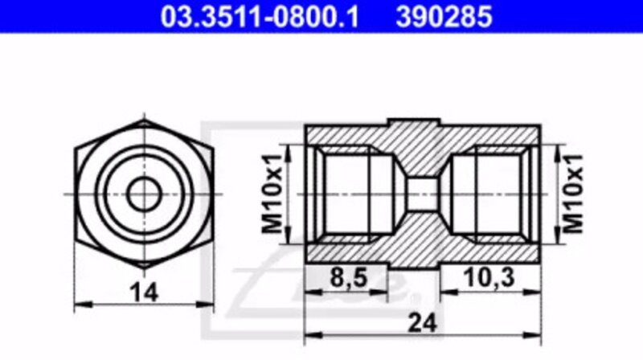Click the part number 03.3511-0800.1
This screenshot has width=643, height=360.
(260, 16)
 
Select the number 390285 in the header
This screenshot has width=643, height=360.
(444, 16)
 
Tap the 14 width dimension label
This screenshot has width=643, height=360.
(144, 292)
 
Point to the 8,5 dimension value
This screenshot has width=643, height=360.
(349, 277)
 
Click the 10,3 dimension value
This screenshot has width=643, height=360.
(489, 277)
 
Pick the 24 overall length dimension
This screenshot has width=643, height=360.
(424, 324)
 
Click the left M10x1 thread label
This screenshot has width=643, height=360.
(272, 194)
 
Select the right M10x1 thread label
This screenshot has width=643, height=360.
(572, 194)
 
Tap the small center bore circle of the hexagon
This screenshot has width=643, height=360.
(144, 194)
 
